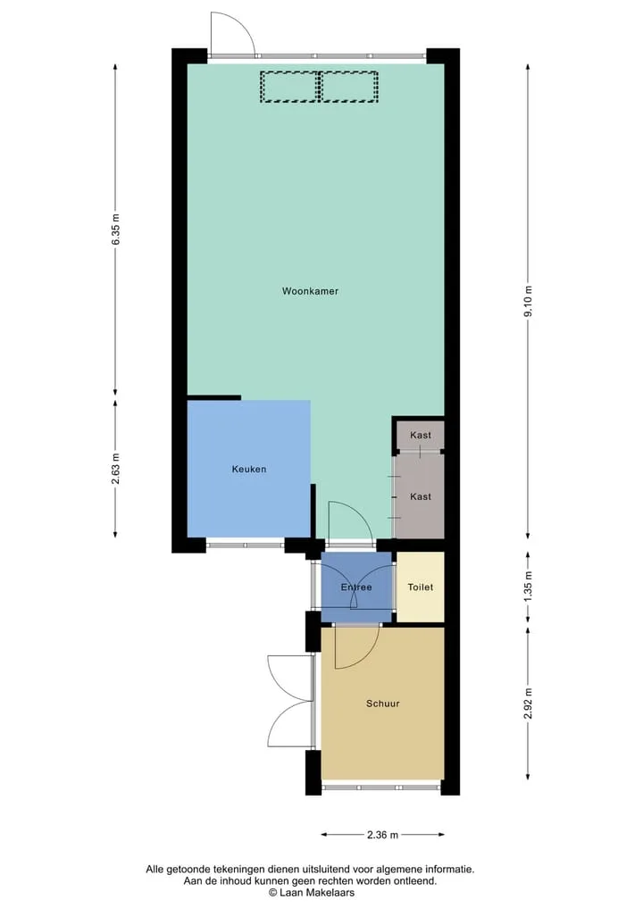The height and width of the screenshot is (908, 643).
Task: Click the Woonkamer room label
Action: point(310,291)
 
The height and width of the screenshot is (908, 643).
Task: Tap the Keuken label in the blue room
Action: point(249,469)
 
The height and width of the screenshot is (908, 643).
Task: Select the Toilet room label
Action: point(421,587)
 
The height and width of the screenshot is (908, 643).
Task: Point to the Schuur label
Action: point(383,704)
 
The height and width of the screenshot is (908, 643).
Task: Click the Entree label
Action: point(356,587)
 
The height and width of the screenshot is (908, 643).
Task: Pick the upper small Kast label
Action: point(421,435)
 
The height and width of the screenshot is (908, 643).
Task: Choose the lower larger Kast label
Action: point(421,496)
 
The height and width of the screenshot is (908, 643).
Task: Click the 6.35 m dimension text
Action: point(116,229)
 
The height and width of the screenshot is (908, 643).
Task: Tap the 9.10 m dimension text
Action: point(529,302)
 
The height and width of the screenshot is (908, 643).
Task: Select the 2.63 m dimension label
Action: point(116,469)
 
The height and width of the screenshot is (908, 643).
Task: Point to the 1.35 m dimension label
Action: point(529,587)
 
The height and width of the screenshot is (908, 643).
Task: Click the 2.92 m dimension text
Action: point(529,704)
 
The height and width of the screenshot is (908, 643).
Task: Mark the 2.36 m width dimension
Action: point(383,835)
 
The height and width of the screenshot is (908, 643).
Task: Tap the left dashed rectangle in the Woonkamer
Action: point(289,87)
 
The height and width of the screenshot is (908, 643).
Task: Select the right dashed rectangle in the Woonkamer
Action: point(349,87)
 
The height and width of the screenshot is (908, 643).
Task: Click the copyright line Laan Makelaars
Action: point(311,892)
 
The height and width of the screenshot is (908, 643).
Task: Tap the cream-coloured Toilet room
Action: point(421,587)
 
